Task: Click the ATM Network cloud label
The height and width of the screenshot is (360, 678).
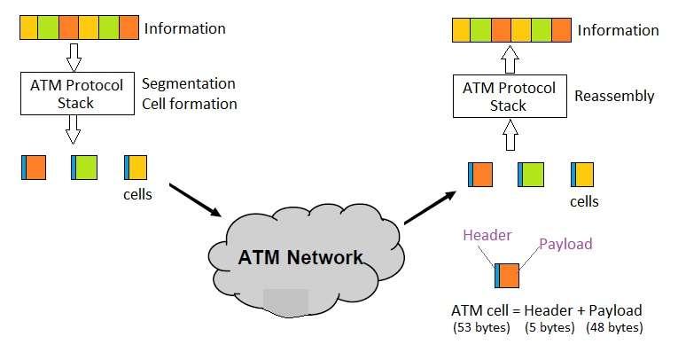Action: click(x=300, y=258)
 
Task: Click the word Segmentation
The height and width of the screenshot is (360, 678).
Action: click(x=189, y=84)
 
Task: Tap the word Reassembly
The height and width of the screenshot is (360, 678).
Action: click(x=614, y=96)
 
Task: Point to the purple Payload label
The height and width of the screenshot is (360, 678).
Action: click(x=565, y=244)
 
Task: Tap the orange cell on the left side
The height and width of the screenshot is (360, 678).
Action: click(x=34, y=167)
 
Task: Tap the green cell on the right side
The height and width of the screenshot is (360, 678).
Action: click(x=531, y=173)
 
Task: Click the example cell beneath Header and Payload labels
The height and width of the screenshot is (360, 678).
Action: click(x=508, y=276)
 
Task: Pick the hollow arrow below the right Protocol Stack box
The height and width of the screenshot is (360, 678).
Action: click(x=510, y=137)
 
